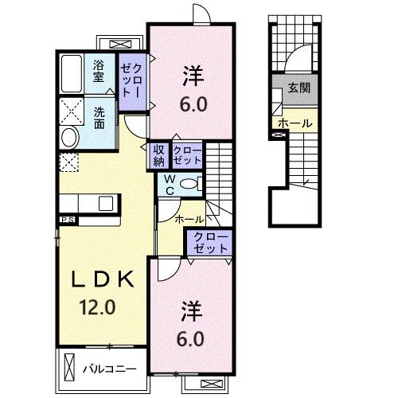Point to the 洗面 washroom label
click(99, 118)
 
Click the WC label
click(170, 185)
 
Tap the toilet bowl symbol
click(189, 184)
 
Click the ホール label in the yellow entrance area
click(295, 124)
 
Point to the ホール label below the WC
click(189, 218)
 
